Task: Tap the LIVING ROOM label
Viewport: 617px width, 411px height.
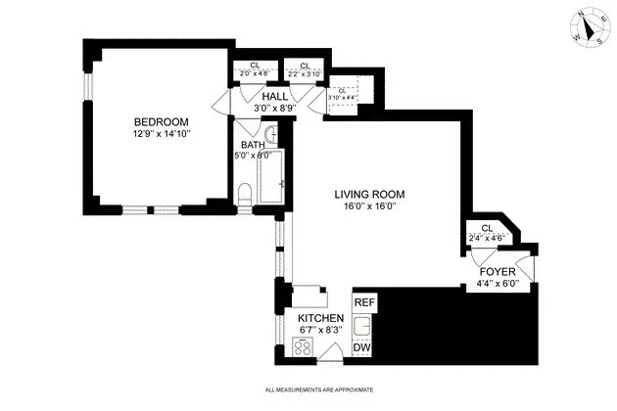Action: tap(369, 194)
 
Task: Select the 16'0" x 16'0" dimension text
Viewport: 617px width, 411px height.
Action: tap(369, 205)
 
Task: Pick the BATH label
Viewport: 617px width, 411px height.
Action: tap(252, 145)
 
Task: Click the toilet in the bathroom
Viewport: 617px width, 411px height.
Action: tap(245, 200)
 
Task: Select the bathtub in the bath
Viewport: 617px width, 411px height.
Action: tap(269, 180)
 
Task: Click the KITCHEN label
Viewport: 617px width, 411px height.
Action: tap(320, 319)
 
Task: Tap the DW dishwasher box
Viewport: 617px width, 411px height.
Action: tap(362, 348)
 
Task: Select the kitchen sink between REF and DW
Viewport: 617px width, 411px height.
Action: tap(362, 325)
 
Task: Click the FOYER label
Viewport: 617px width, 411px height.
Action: tap(499, 273)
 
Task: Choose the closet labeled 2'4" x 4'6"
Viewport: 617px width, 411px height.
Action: tap(487, 233)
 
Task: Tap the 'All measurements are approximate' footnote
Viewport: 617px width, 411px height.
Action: tap(319, 390)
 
